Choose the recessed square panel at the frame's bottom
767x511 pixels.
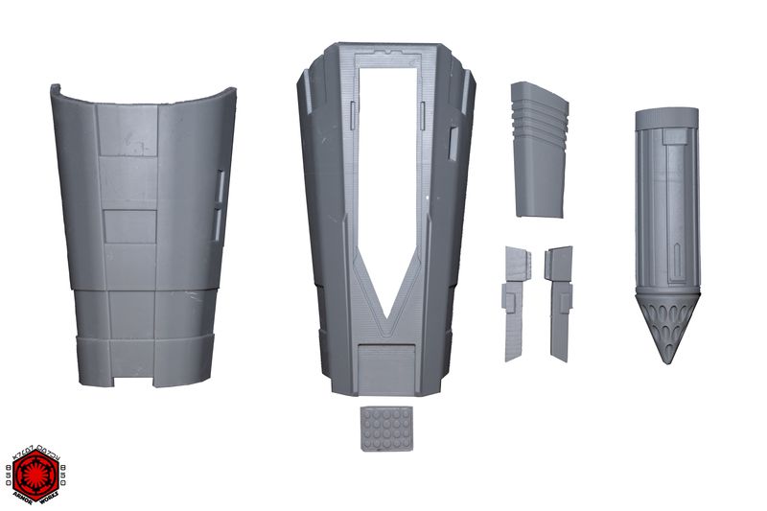[386, 367]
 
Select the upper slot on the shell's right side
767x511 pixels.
[221, 188]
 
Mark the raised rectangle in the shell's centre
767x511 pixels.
[129, 226]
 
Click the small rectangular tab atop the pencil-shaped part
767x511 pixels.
[675, 137]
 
